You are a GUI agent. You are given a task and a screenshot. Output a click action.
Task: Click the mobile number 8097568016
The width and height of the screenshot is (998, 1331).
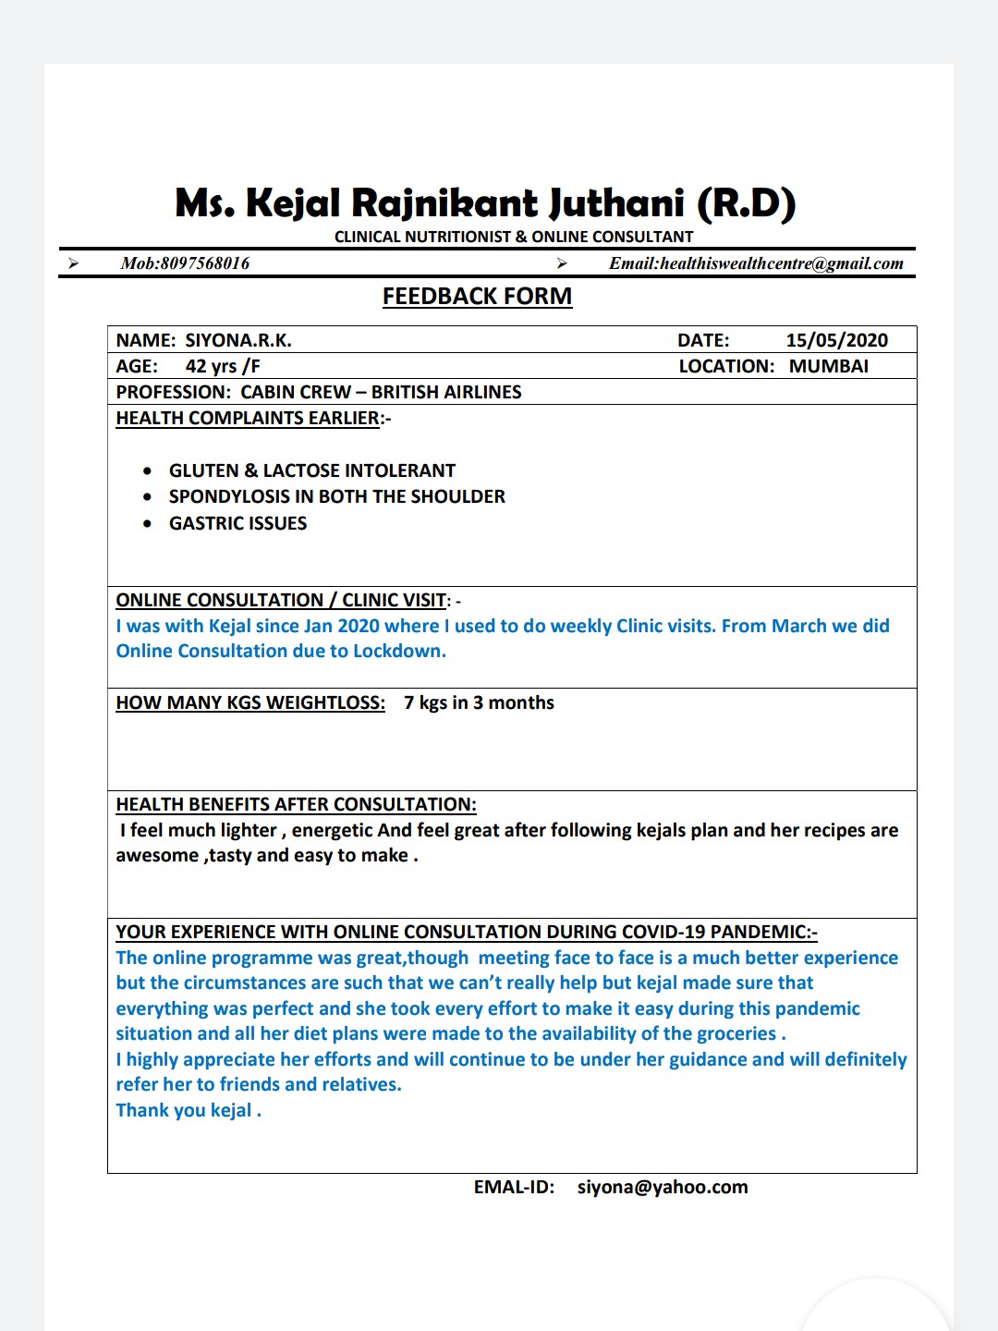205,263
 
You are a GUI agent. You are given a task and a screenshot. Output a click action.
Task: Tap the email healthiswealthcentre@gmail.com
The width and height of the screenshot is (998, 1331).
782,263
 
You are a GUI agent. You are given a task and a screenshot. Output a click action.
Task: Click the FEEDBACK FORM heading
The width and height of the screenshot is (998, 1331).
477,297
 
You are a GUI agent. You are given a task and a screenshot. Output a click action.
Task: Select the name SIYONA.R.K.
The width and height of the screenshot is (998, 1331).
238,340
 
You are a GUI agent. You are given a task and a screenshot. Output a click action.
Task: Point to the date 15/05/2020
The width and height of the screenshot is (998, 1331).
836,340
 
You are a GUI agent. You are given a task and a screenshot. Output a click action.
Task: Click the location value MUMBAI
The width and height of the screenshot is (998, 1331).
828,366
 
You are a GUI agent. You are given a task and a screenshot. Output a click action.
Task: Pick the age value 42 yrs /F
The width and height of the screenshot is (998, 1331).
223,366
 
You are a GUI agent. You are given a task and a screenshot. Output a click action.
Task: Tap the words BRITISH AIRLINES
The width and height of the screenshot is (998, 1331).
446,392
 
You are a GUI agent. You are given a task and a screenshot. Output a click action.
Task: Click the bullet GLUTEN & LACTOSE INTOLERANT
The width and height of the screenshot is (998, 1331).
311,470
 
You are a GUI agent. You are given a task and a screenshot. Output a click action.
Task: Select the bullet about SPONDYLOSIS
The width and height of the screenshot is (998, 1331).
336,496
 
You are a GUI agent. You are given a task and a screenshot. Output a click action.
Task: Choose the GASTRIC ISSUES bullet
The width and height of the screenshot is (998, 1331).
237,523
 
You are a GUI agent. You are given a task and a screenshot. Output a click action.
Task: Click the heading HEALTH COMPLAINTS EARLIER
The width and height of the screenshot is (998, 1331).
248,418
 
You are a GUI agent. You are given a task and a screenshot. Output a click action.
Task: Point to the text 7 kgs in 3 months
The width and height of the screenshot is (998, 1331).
479,702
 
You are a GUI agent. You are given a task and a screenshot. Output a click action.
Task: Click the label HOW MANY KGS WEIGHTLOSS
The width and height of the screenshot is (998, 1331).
250,702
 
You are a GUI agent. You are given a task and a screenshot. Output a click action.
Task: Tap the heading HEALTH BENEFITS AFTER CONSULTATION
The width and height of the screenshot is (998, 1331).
296,804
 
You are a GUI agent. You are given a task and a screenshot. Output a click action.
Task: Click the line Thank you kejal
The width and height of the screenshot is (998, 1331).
188,1110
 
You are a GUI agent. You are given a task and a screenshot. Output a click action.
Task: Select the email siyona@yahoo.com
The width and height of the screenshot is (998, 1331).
663,1187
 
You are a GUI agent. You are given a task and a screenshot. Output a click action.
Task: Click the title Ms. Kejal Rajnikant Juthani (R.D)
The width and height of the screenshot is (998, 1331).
485,203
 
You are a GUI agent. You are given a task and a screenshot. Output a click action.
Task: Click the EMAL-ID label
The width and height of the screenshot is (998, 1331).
514,1187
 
